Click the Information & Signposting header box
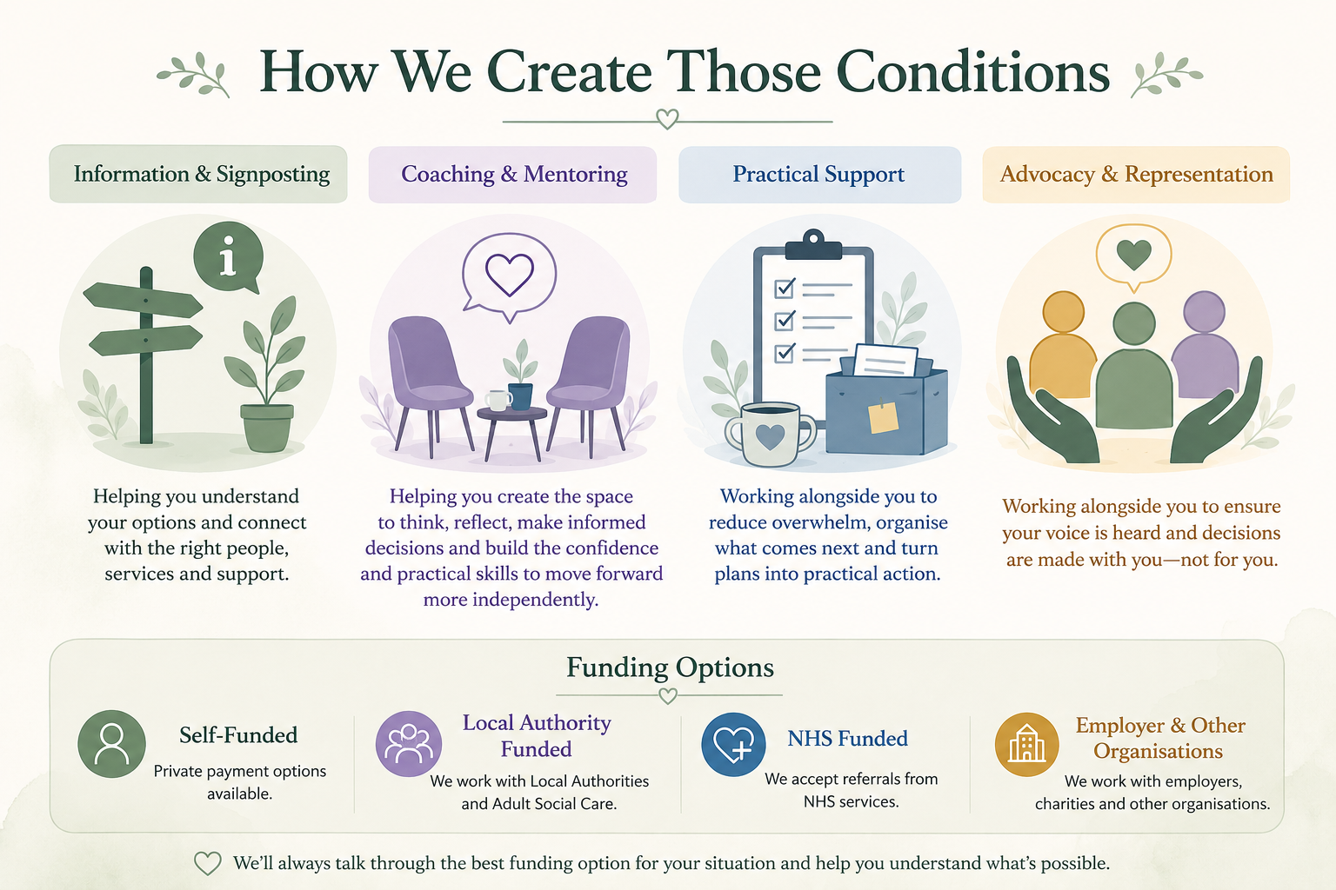[198, 174]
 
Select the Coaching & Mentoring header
[513, 175]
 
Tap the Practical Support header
[819, 175]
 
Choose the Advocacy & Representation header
[1136, 175]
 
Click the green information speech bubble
[229, 257]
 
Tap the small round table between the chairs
[512, 430]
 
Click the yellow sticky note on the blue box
[884, 417]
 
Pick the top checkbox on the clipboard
[785, 289]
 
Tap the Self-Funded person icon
[111, 744]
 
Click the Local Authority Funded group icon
[409, 743]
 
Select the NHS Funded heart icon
[733, 744]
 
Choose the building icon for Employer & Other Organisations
[1027, 744]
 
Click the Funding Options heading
[670, 667]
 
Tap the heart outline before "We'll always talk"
[208, 863]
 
